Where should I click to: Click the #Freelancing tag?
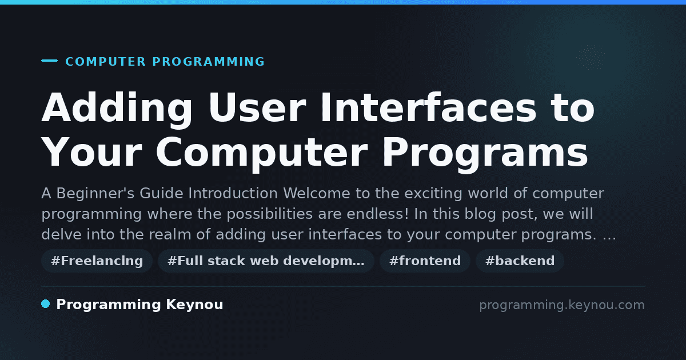tap(97, 261)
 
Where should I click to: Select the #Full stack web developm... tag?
tap(266, 261)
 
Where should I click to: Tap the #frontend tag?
tap(425, 261)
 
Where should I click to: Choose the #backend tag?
tap(520, 261)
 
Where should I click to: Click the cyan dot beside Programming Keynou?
tap(45, 304)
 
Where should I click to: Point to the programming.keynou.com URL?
tap(562, 305)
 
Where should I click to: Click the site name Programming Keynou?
tap(139, 305)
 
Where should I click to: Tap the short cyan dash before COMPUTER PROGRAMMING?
tap(49, 61)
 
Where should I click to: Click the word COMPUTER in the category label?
tap(106, 62)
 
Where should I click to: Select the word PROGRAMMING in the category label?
tap(208, 62)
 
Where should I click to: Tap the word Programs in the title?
tap(485, 154)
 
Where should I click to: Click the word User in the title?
tap(257, 108)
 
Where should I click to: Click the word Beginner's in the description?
tap(95, 194)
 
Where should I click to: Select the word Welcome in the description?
tap(316, 193)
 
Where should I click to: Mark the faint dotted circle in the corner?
tap(591, 57)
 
